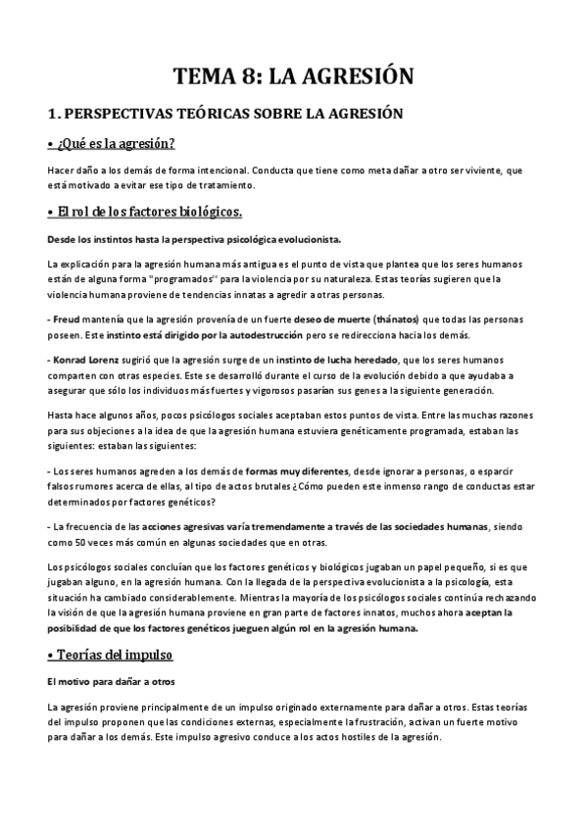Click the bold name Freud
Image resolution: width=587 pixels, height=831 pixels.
point(68,319)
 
